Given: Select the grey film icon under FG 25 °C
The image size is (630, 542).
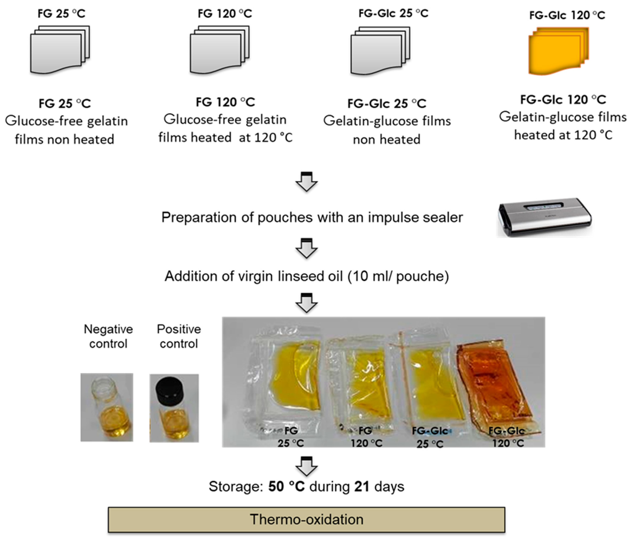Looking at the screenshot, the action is pyautogui.click(x=60, y=50).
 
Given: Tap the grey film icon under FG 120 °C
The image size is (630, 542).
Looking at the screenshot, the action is pyautogui.click(x=220, y=50).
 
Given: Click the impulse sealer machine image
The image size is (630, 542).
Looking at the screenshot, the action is pyautogui.click(x=544, y=218).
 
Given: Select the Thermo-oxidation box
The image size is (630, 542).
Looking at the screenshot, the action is pyautogui.click(x=306, y=519).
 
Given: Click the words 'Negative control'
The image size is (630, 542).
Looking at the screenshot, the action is pyautogui.click(x=108, y=336).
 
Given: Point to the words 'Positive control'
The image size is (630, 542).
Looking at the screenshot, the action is pyautogui.click(x=179, y=336).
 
